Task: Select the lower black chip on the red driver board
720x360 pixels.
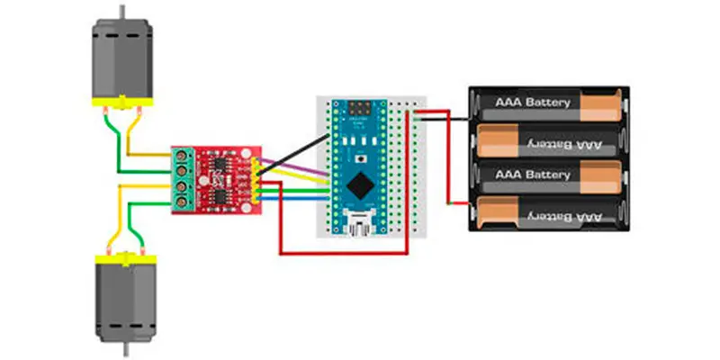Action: pos(220,193)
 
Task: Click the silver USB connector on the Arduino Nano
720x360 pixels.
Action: pos(360,223)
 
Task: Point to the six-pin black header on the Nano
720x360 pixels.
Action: pos(360,109)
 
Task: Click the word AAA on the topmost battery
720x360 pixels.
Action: pos(508,103)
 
